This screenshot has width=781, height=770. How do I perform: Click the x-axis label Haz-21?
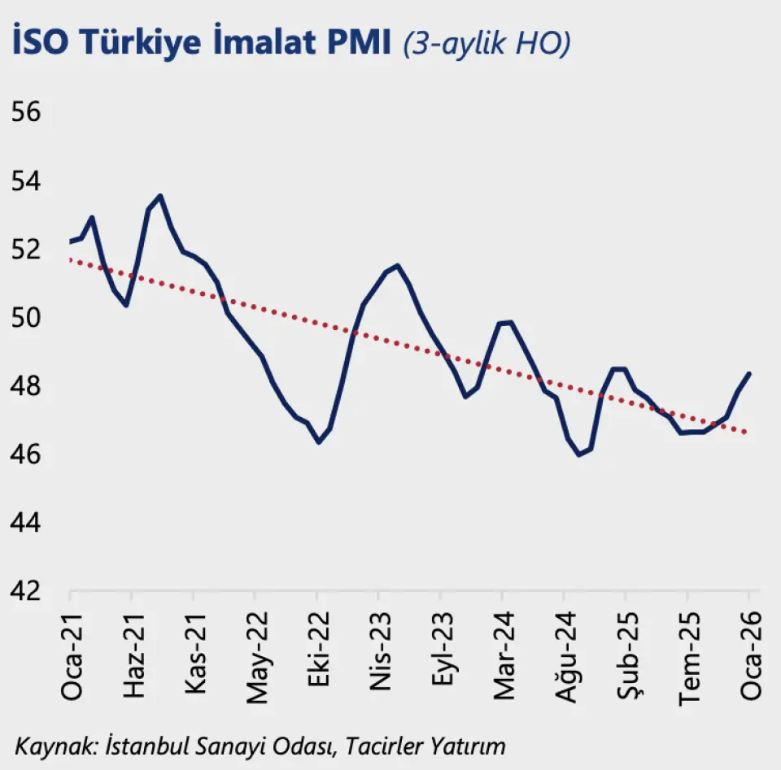tap(132, 650)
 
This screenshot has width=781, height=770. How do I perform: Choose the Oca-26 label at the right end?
tap(749, 650)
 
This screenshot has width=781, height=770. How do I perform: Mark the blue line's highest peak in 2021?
tap(160, 196)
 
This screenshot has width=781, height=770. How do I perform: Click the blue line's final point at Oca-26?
tap(748, 373)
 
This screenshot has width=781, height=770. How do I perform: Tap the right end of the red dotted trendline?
tap(747, 433)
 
